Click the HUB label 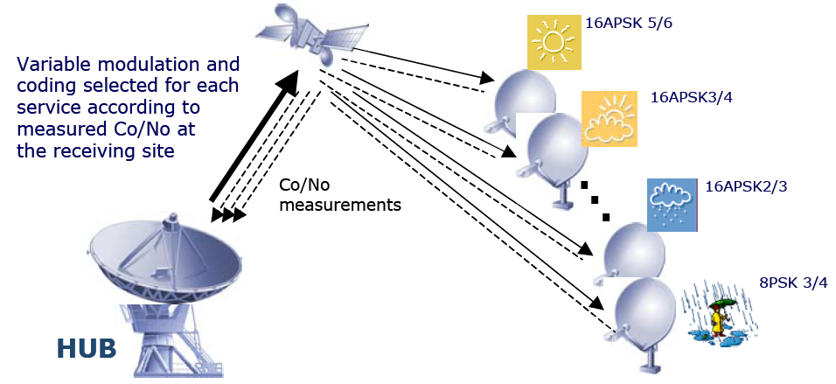(86, 347)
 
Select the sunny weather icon (554, 42)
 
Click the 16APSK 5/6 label (628, 24)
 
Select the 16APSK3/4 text (691, 97)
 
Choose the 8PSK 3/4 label (793, 282)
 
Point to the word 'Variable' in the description (54, 66)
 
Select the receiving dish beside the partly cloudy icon (556, 149)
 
